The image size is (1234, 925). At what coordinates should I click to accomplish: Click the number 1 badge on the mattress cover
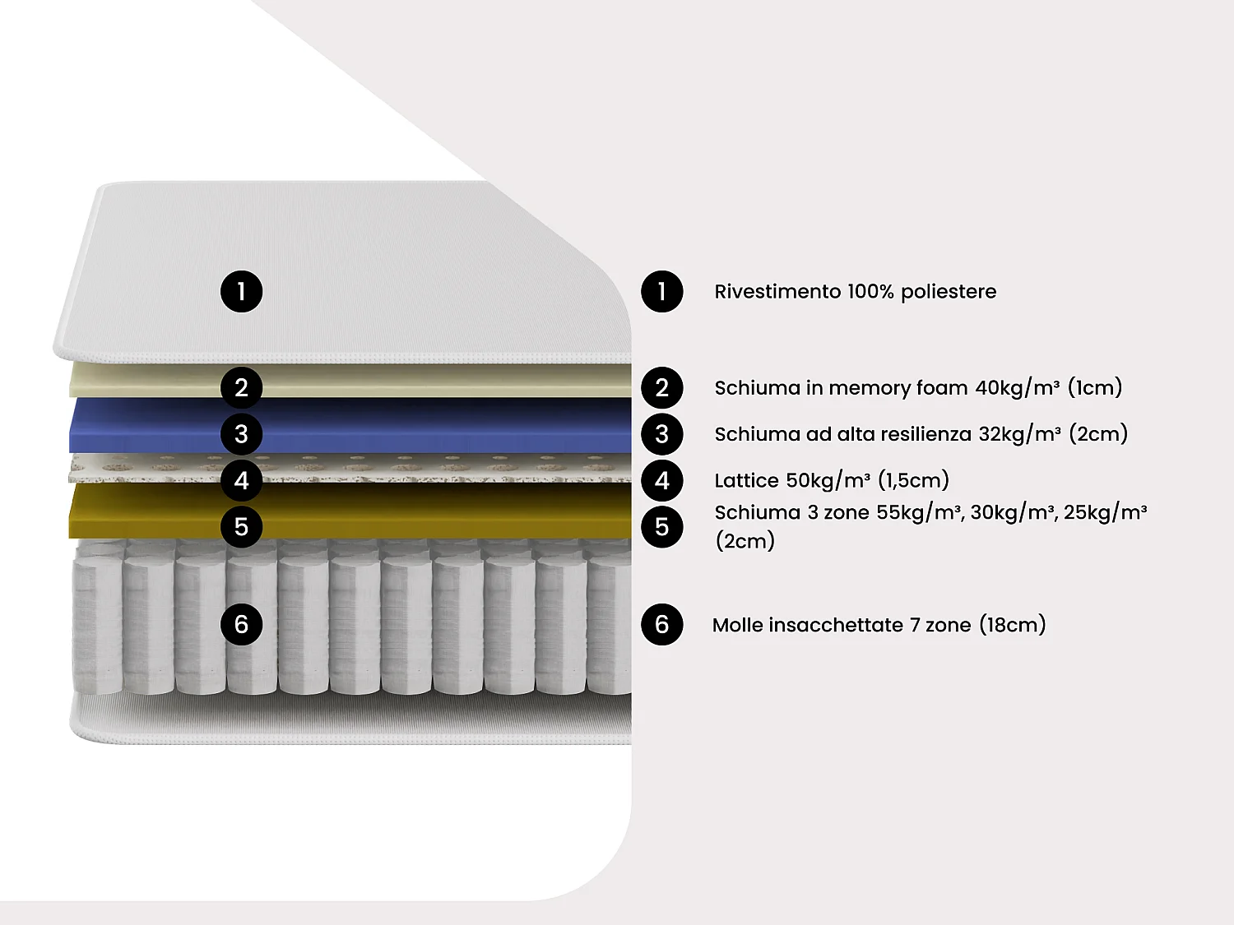click(242, 291)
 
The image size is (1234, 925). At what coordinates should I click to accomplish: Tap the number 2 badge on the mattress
click(242, 387)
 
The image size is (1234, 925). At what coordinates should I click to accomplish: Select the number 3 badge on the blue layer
click(242, 434)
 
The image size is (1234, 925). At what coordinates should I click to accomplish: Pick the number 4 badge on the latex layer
click(242, 480)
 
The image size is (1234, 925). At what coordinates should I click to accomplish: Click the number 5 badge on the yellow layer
click(242, 526)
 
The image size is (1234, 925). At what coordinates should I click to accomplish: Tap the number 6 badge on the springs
click(242, 624)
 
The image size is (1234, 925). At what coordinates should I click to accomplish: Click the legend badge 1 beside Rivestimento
click(662, 291)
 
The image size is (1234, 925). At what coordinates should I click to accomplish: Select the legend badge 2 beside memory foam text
click(662, 387)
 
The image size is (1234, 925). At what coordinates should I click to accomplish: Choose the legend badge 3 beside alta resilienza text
click(662, 434)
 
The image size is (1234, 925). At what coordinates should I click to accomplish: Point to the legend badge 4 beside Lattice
click(662, 480)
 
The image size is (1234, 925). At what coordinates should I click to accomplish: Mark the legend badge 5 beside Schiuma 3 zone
click(662, 526)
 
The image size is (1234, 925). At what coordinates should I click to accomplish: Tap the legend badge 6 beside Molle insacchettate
click(662, 624)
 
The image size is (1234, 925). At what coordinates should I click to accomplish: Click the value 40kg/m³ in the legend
click(1018, 387)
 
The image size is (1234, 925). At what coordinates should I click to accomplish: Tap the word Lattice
click(746, 480)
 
